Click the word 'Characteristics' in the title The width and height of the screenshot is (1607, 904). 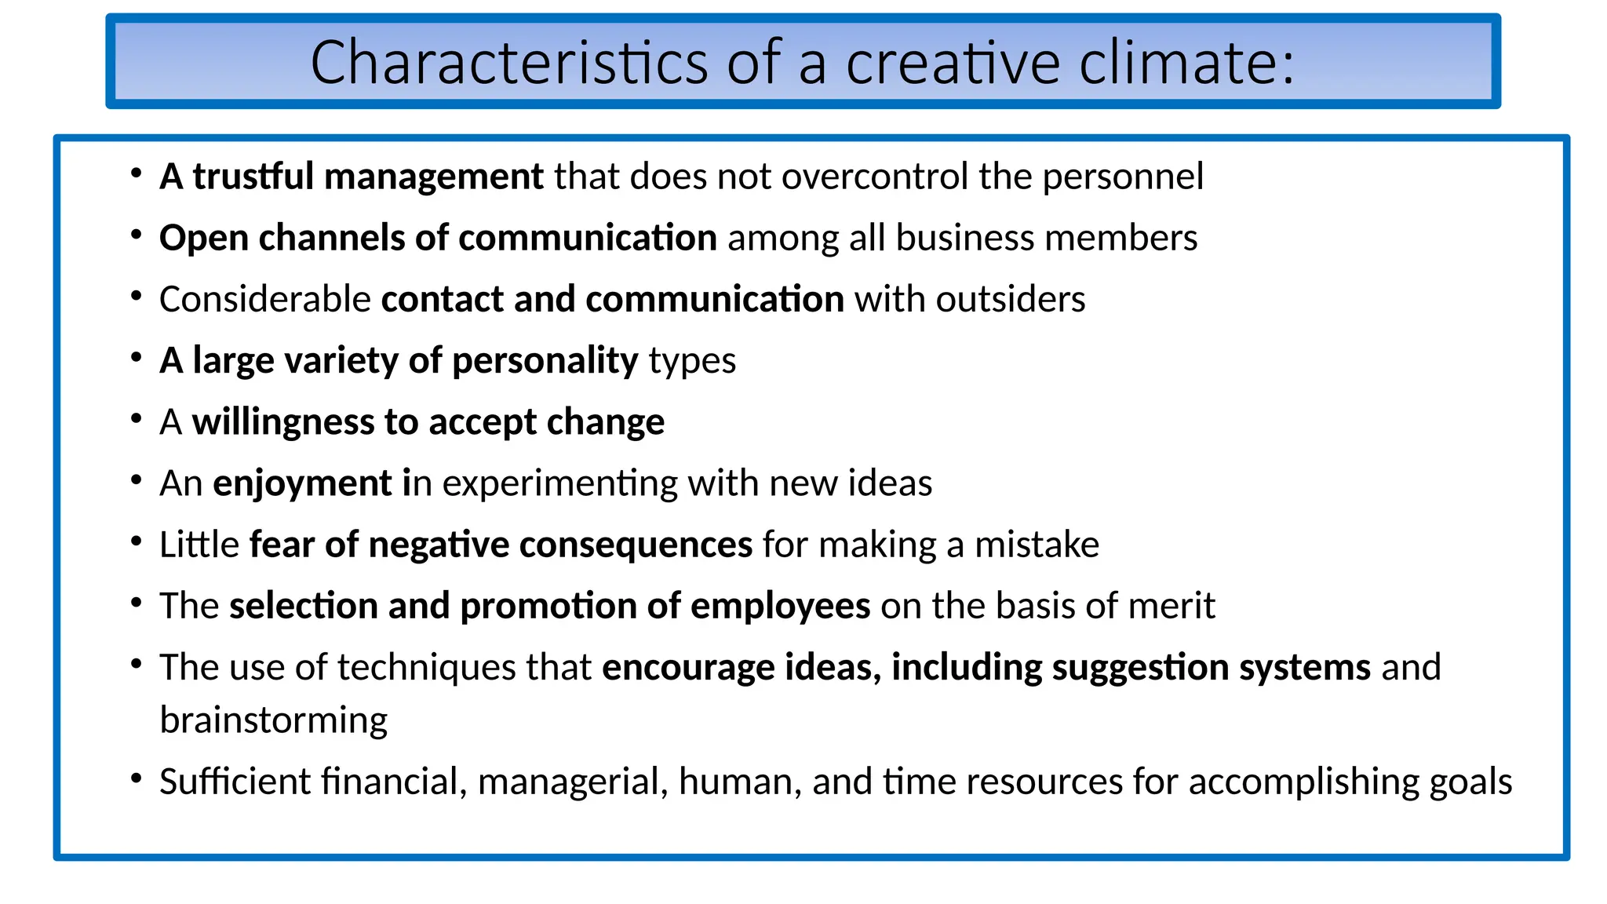(x=509, y=63)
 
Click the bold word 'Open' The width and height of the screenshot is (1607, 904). (x=203, y=238)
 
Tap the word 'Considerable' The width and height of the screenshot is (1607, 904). (x=265, y=299)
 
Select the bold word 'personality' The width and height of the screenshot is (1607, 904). (x=545, y=361)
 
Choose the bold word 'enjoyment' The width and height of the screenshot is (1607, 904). (x=302, y=483)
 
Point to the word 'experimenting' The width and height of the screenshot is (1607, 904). (x=559, y=483)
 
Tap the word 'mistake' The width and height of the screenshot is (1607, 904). (x=1037, y=545)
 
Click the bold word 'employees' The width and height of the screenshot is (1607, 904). (x=780, y=606)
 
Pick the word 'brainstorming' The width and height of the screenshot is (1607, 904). (x=274, y=720)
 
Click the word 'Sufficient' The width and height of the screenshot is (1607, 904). (x=235, y=782)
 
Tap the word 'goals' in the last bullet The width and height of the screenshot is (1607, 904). (x=1470, y=782)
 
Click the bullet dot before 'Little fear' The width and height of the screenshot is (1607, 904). (x=137, y=541)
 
